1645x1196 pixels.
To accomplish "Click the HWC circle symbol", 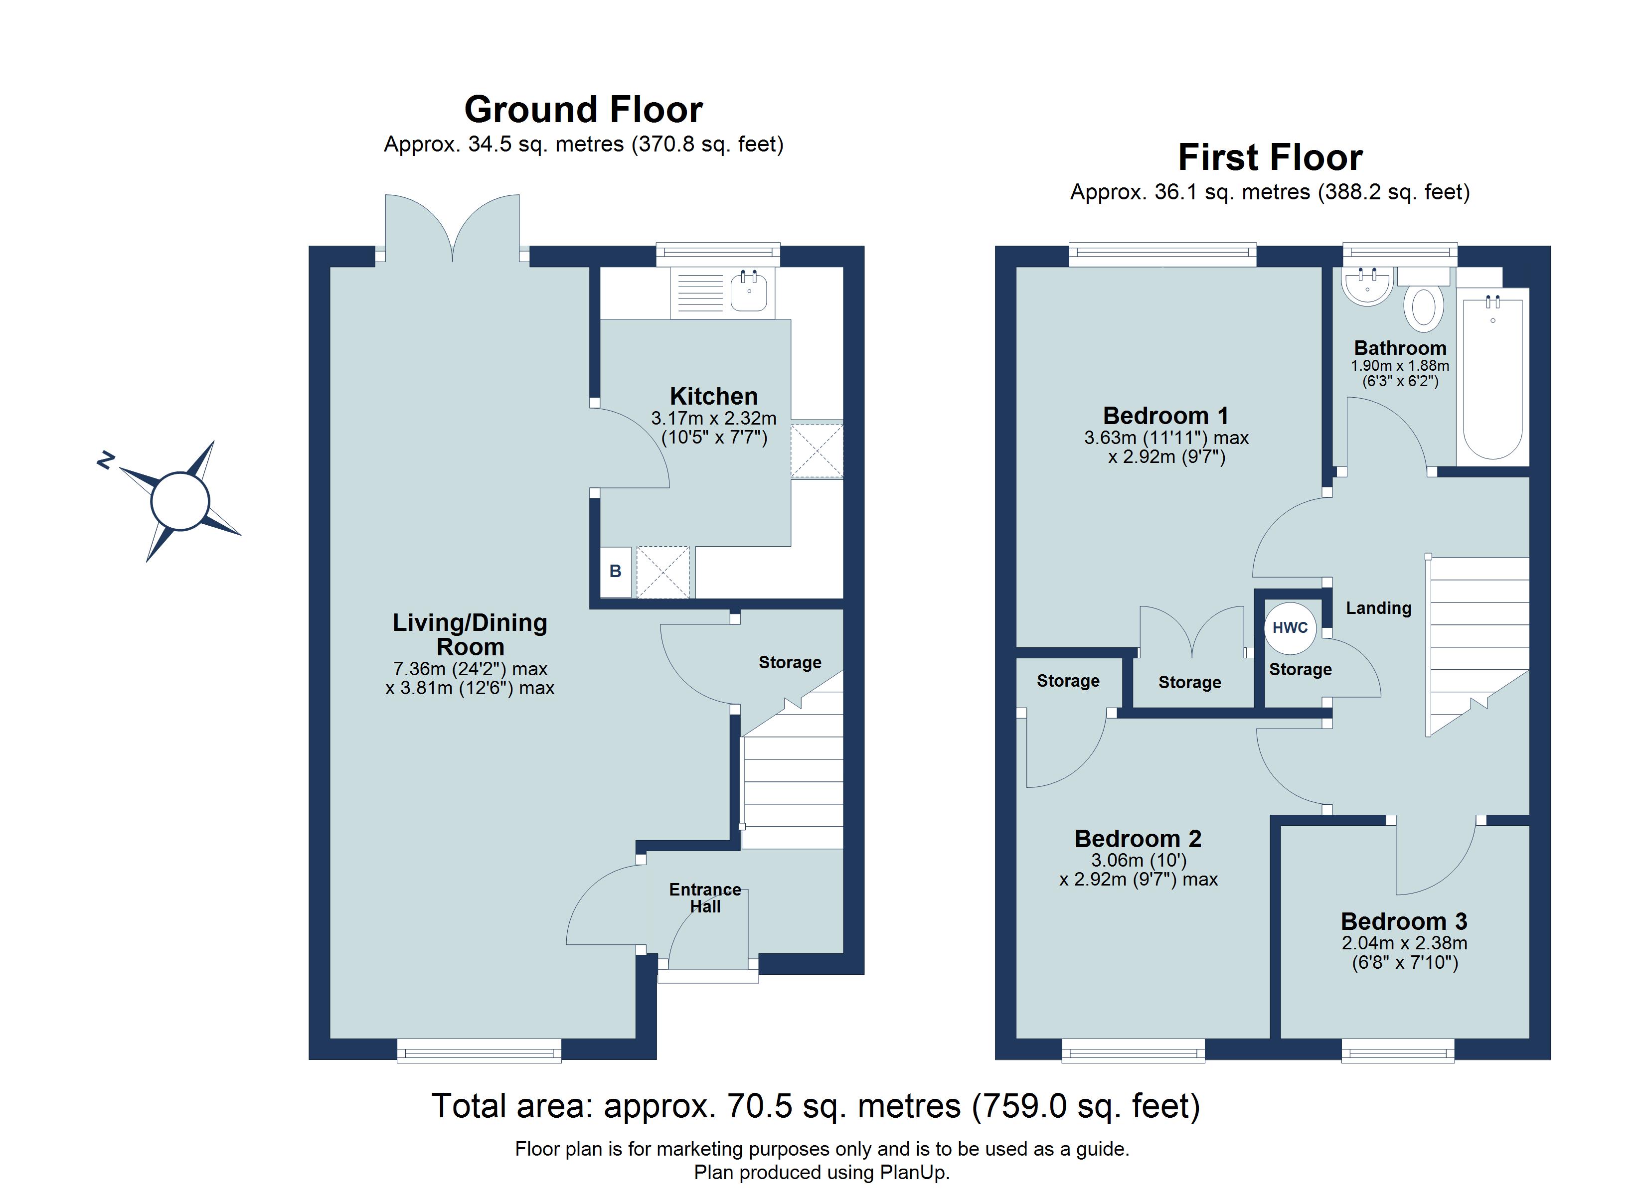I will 1290,627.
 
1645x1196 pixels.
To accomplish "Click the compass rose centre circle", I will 180,501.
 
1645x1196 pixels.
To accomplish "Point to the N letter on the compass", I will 106,460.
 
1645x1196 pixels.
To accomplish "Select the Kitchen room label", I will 714,396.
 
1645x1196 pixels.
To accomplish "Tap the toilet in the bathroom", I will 1423,306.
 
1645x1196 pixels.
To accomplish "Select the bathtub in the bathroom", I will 1492,377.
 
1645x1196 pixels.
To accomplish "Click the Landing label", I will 1378,608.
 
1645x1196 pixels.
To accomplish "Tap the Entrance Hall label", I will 705,898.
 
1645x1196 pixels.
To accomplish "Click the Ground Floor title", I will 583,110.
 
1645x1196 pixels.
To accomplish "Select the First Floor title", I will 1270,158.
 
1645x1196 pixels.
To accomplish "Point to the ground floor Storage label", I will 790,662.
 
